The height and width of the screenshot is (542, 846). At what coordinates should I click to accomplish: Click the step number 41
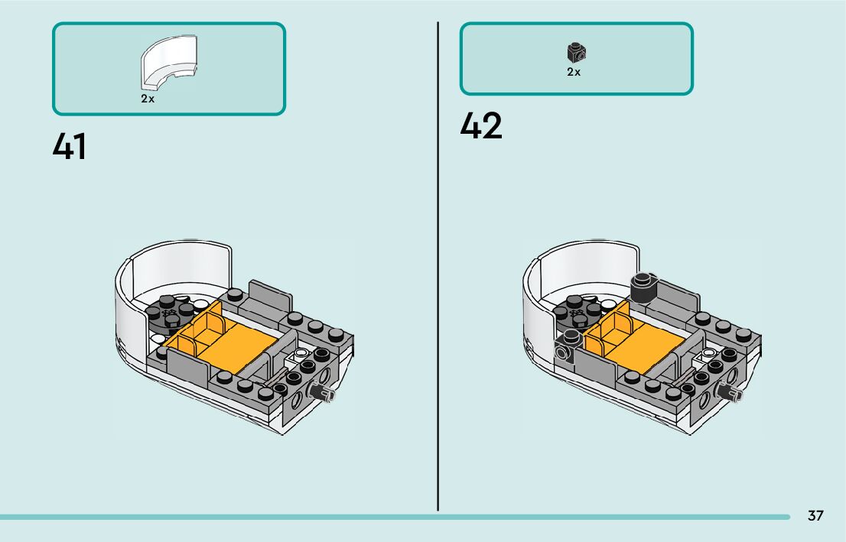(x=70, y=146)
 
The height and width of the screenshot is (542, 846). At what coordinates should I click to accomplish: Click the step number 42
(x=481, y=126)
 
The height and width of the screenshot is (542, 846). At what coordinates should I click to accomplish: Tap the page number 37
(x=815, y=516)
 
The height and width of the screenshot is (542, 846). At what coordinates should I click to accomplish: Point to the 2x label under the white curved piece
(x=148, y=99)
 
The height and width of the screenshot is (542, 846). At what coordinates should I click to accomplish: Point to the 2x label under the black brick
(x=574, y=73)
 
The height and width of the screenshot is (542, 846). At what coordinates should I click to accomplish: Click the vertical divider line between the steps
(x=438, y=268)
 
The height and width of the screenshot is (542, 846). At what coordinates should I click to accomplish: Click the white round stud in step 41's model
(x=301, y=353)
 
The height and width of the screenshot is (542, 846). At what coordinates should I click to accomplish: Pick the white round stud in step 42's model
(x=710, y=353)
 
